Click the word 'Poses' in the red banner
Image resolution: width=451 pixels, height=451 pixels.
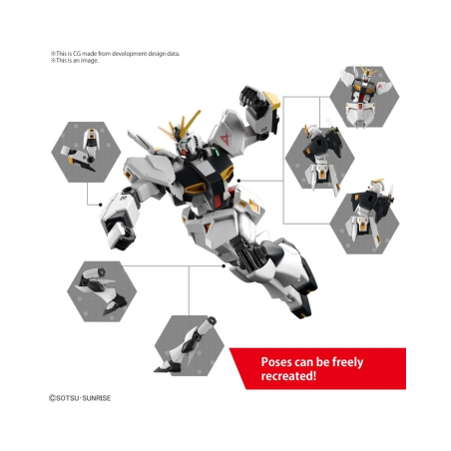pos(276,362)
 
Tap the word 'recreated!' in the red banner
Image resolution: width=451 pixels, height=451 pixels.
pos(288,376)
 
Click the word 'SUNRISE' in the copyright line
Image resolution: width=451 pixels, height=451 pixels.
pos(96,398)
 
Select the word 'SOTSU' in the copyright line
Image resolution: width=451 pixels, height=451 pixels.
pos(68,398)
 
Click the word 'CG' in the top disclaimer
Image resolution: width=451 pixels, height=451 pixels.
pos(77,54)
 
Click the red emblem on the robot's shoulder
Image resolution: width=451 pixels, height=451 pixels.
pos(225,138)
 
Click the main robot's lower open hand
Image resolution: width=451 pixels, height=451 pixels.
pos(119,232)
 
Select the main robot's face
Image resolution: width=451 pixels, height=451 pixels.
pos(185,146)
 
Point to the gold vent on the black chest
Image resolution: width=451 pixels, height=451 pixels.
pos(195,189)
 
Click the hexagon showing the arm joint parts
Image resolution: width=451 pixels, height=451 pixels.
pos(86,152)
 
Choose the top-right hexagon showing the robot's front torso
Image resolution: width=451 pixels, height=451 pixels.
pos(364,97)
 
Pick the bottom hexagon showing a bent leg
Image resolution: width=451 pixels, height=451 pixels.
pos(190,346)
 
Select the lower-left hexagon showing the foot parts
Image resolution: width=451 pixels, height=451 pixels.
pos(102,291)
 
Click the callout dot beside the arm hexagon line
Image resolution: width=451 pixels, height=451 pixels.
pos(101,205)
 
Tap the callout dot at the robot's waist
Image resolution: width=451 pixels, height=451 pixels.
pos(238,181)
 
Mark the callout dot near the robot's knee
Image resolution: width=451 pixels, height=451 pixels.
pos(224,265)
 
